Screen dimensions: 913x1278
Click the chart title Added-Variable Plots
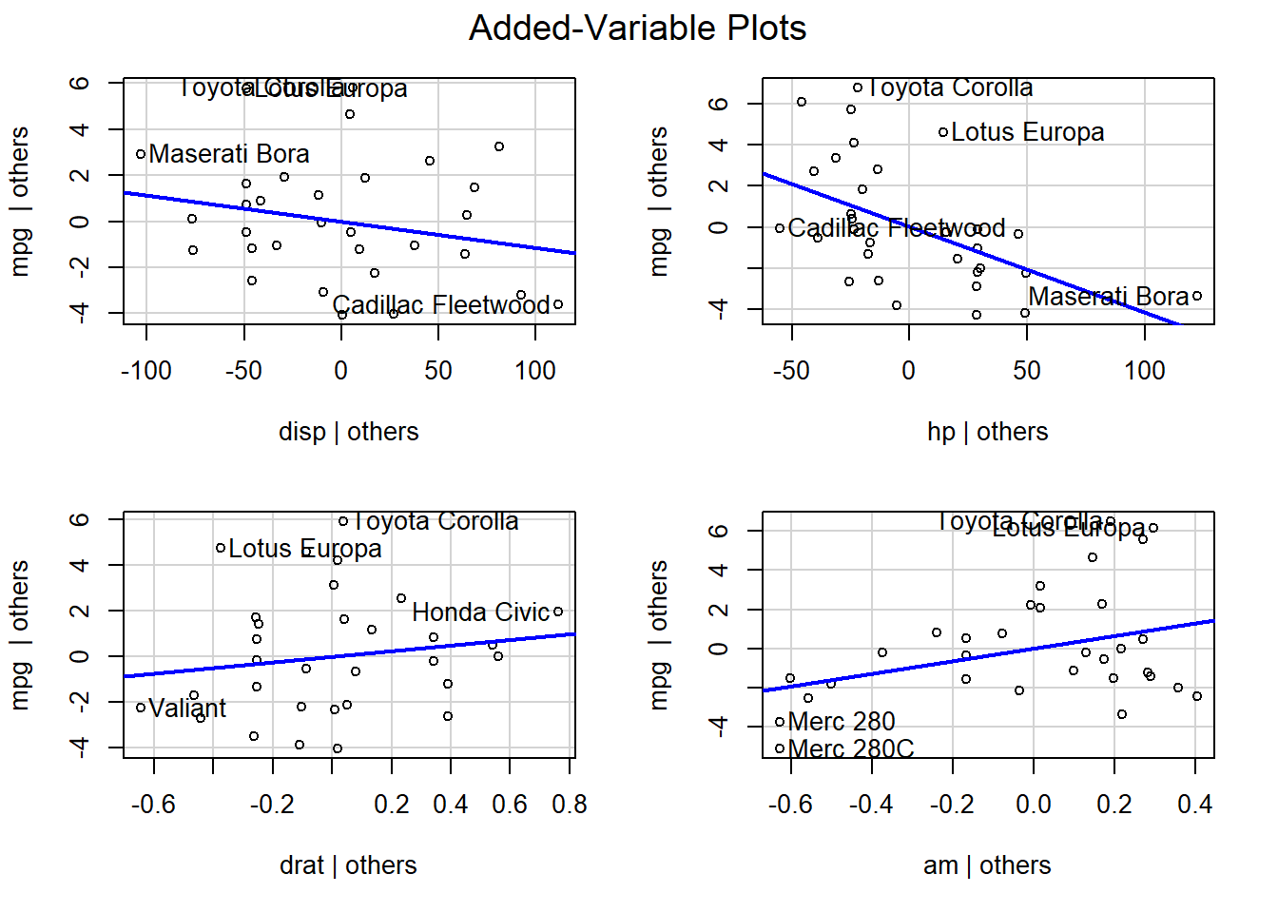point(637,29)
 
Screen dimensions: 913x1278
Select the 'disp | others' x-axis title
point(348,432)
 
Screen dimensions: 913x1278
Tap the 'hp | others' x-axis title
point(987,432)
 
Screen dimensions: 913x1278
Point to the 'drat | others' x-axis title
point(348,865)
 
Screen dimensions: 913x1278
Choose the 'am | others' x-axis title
point(987,865)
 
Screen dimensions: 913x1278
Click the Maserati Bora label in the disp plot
point(229,154)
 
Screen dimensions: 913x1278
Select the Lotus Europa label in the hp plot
point(1028,132)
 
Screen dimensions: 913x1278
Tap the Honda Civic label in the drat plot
point(481,612)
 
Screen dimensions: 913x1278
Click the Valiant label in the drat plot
point(187,709)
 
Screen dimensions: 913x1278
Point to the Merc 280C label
point(851,749)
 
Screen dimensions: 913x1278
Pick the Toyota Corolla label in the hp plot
point(950,87)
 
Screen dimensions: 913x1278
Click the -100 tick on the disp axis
point(146,371)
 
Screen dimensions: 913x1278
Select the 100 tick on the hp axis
point(1145,371)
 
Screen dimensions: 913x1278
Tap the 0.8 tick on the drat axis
point(570,805)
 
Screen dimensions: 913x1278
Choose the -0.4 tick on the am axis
point(871,805)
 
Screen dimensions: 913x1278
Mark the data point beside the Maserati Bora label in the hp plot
point(1197,296)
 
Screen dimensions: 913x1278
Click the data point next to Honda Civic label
point(558,612)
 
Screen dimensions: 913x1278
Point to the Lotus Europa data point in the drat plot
point(221,548)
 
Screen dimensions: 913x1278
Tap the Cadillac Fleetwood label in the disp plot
point(441,305)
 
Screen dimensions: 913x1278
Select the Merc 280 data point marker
point(780,722)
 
